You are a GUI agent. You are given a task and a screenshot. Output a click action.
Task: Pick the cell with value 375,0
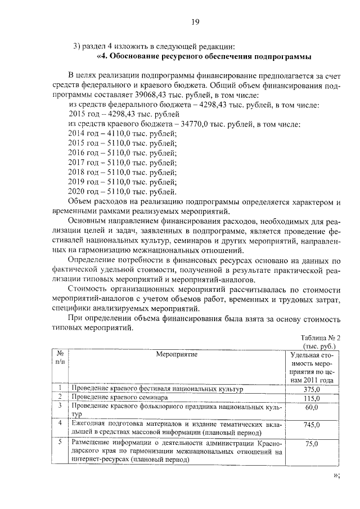(x=312, y=389)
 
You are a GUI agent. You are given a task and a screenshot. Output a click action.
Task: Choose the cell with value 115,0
(x=312, y=398)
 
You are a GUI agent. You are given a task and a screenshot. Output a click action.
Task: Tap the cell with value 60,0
(x=312, y=407)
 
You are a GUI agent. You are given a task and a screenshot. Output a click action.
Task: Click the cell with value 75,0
(x=312, y=444)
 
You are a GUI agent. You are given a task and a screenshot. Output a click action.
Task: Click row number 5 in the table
(x=59, y=442)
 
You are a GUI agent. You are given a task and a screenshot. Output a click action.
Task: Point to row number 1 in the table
(x=59, y=388)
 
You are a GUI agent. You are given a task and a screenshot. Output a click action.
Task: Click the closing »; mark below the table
(x=336, y=476)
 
